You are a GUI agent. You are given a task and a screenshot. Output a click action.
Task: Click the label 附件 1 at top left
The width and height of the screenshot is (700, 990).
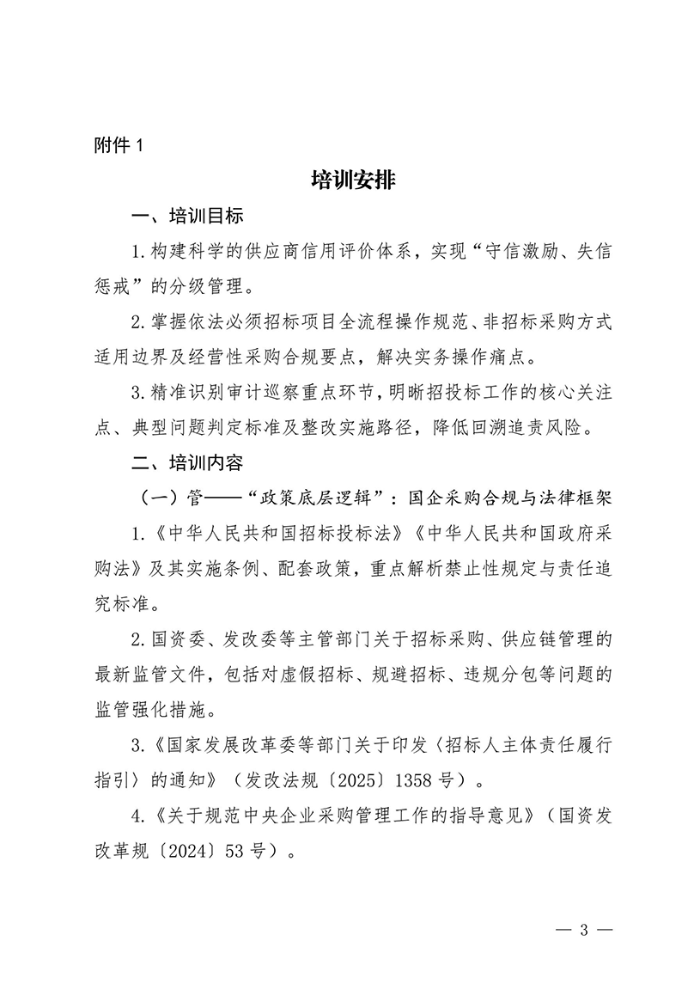click(x=117, y=146)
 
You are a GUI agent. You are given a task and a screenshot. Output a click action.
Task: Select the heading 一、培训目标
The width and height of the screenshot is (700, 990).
click(x=186, y=215)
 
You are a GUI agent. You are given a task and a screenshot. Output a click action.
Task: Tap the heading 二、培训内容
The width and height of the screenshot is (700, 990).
click(x=186, y=463)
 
